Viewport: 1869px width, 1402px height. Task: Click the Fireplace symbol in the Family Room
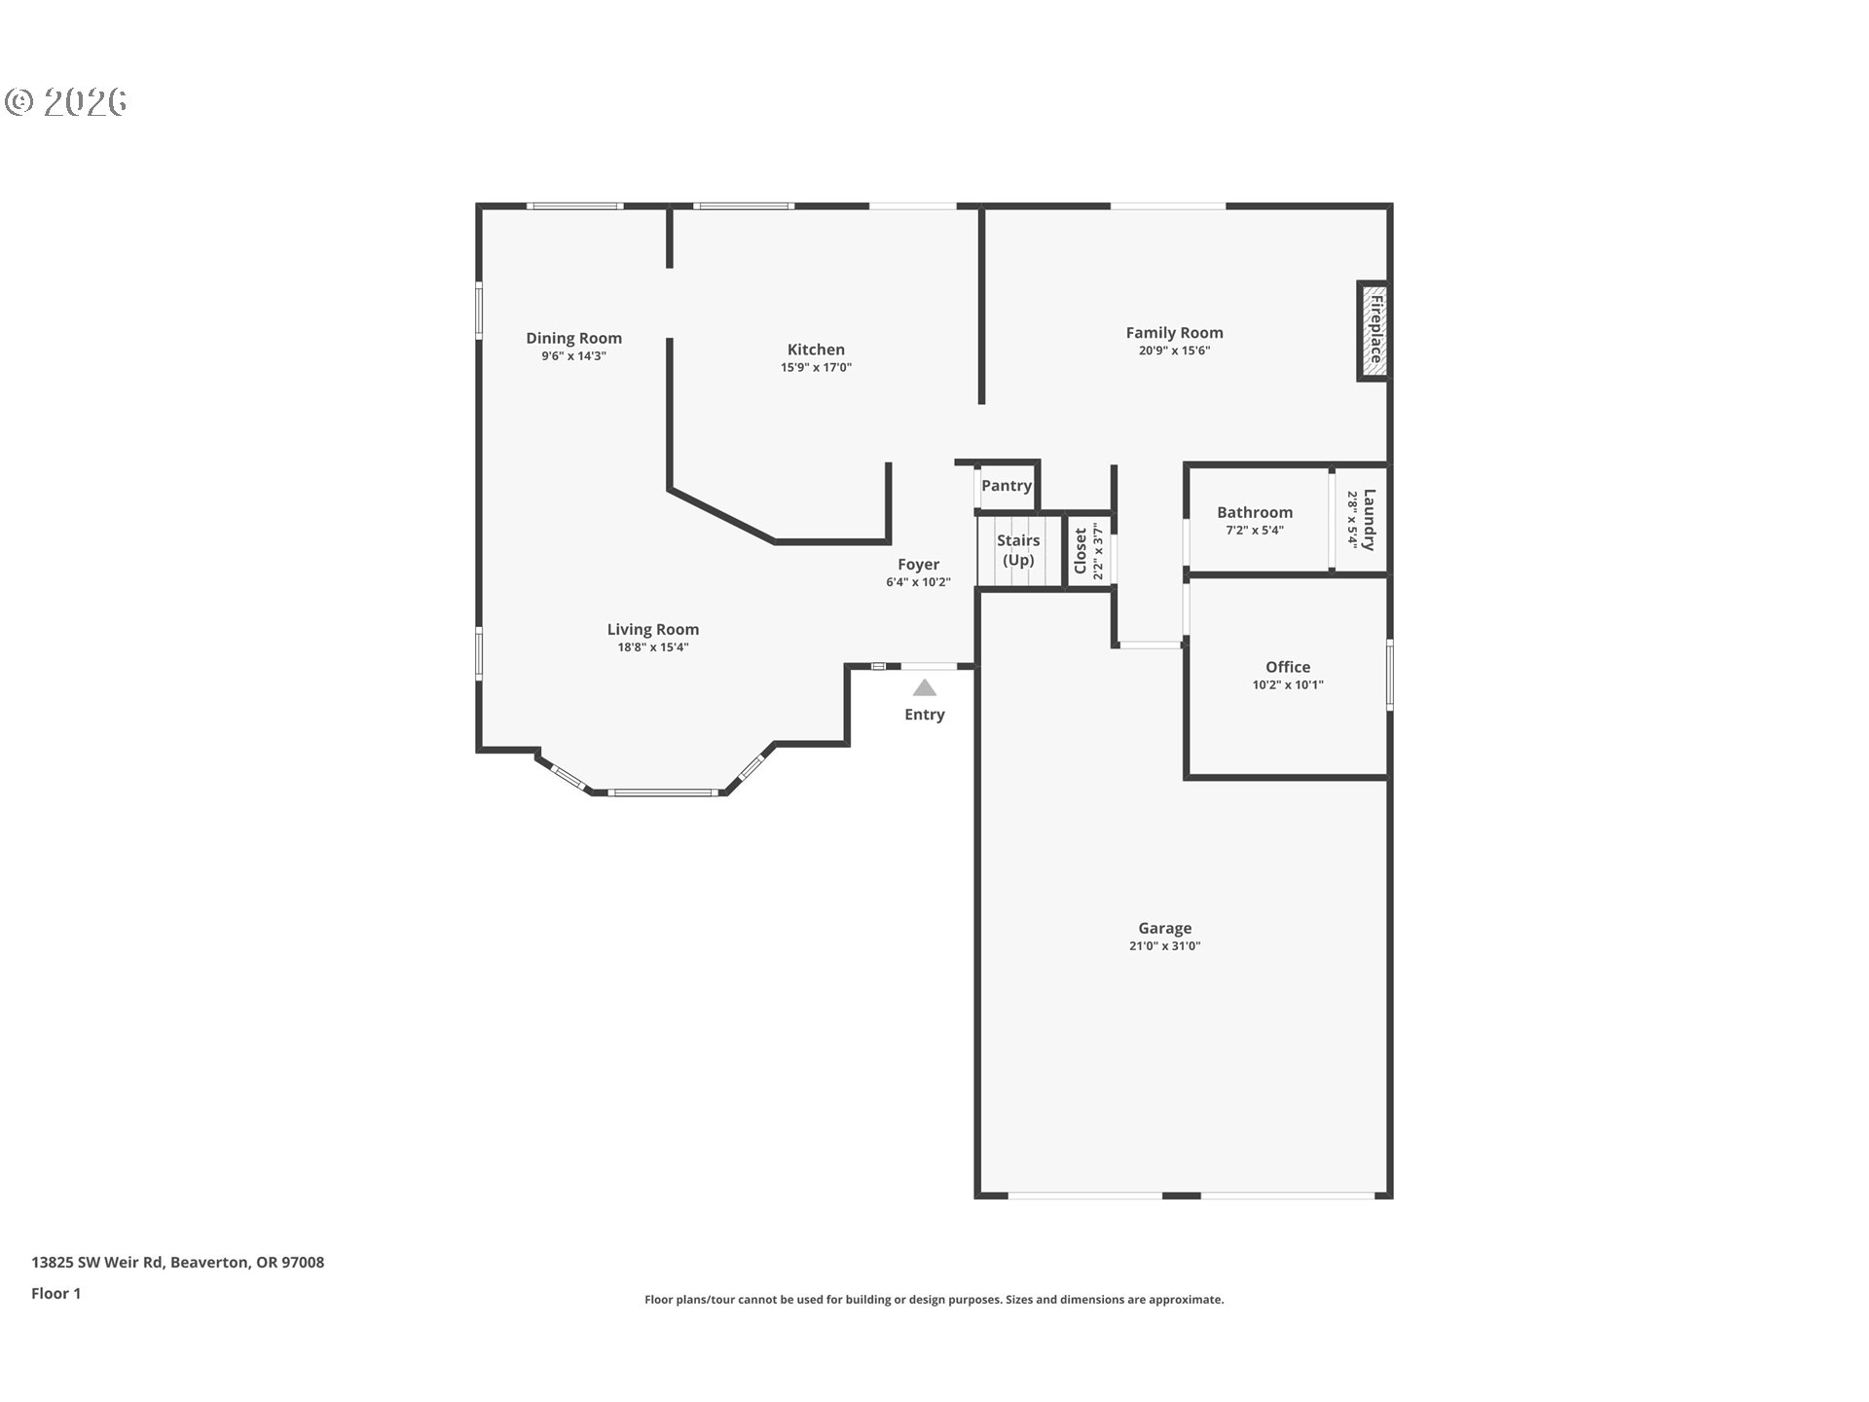click(1373, 331)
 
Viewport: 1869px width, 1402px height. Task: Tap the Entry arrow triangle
click(924, 688)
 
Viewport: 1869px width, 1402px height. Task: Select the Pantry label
click(1006, 485)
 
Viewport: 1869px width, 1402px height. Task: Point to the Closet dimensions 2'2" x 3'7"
click(1098, 551)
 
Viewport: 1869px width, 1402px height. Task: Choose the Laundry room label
click(1369, 519)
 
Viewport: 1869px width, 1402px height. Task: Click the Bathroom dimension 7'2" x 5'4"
click(1254, 531)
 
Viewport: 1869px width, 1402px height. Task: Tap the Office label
click(1287, 667)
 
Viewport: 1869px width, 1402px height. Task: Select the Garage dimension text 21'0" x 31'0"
click(1164, 946)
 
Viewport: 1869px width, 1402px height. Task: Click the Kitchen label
click(816, 350)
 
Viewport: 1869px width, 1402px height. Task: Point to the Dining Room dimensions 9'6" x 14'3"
click(573, 356)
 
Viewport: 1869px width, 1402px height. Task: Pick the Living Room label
click(652, 629)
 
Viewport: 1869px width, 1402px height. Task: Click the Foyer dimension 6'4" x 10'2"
click(917, 582)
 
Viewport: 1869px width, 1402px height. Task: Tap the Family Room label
click(1174, 333)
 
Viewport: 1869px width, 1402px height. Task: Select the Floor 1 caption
click(55, 1293)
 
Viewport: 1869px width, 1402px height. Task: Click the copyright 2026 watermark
click(66, 101)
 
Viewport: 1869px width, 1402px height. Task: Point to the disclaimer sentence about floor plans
click(934, 1299)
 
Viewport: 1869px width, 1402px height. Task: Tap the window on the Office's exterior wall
click(1389, 674)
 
